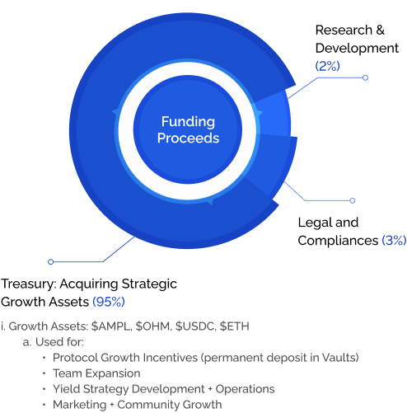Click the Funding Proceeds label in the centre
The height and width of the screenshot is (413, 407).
coord(188,129)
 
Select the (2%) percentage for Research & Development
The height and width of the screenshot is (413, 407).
coord(327,66)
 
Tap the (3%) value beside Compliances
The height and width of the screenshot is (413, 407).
coord(394,241)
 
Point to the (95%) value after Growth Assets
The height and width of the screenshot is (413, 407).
coord(109,302)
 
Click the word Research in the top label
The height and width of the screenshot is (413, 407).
coord(344,30)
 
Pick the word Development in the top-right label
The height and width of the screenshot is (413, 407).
coord(357,48)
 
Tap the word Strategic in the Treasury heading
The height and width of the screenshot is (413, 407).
coord(149,284)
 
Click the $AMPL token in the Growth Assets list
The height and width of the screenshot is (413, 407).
coord(110,326)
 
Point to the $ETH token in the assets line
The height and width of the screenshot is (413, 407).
coord(235,326)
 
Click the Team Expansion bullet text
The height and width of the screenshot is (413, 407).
coord(96,373)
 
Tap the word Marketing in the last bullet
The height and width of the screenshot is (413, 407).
coord(80,405)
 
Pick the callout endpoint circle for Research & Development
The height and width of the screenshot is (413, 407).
coord(365,77)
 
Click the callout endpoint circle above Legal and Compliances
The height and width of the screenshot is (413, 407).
coord(353,200)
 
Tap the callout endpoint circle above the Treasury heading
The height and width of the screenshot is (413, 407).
coord(50,262)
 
